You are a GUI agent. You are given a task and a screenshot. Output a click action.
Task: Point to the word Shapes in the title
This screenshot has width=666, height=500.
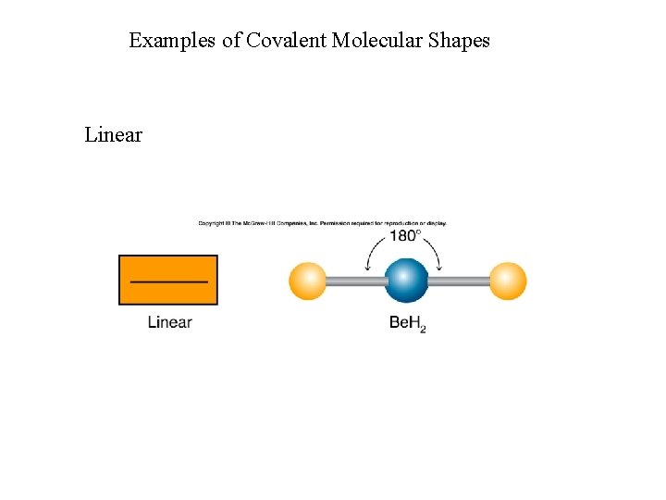tap(459, 41)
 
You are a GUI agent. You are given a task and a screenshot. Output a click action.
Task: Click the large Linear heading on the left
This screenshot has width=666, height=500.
tap(113, 135)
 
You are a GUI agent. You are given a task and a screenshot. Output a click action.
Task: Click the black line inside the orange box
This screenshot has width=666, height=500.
tap(168, 281)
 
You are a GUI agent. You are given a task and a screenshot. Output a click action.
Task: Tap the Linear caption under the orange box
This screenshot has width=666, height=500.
tap(169, 322)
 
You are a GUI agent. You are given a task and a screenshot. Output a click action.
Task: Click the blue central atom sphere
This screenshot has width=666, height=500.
tap(406, 281)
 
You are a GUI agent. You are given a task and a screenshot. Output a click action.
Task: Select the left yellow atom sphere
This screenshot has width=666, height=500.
tap(308, 281)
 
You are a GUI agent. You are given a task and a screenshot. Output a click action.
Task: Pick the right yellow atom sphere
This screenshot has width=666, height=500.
tap(507, 281)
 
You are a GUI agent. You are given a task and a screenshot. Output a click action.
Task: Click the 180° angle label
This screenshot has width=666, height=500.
tap(405, 236)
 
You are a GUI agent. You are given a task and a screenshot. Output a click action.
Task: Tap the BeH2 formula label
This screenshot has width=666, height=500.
tap(406, 323)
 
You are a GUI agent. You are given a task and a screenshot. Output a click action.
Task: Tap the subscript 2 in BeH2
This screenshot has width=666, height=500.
tap(423, 328)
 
